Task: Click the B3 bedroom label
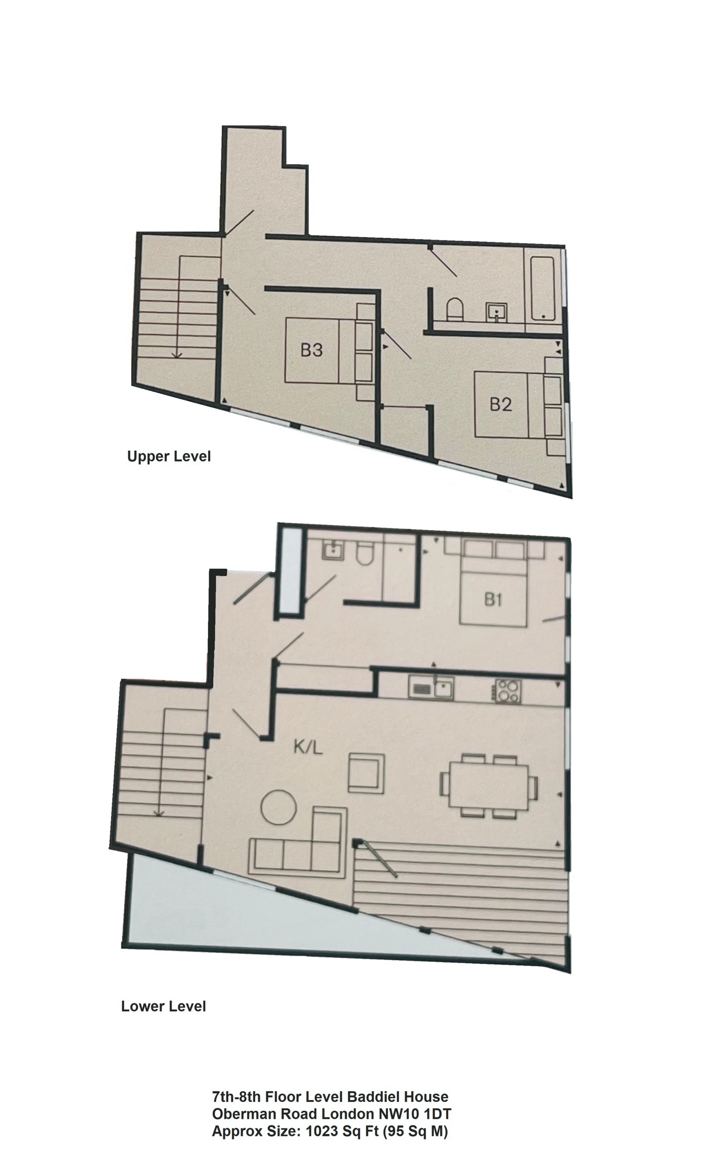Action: (311, 350)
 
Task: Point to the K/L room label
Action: (308, 747)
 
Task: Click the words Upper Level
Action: (169, 456)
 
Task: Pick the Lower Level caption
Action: (163, 1007)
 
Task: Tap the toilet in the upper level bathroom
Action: (455, 309)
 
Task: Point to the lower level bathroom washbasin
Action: (333, 549)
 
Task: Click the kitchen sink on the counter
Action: (431, 689)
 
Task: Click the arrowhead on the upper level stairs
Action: (177, 356)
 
